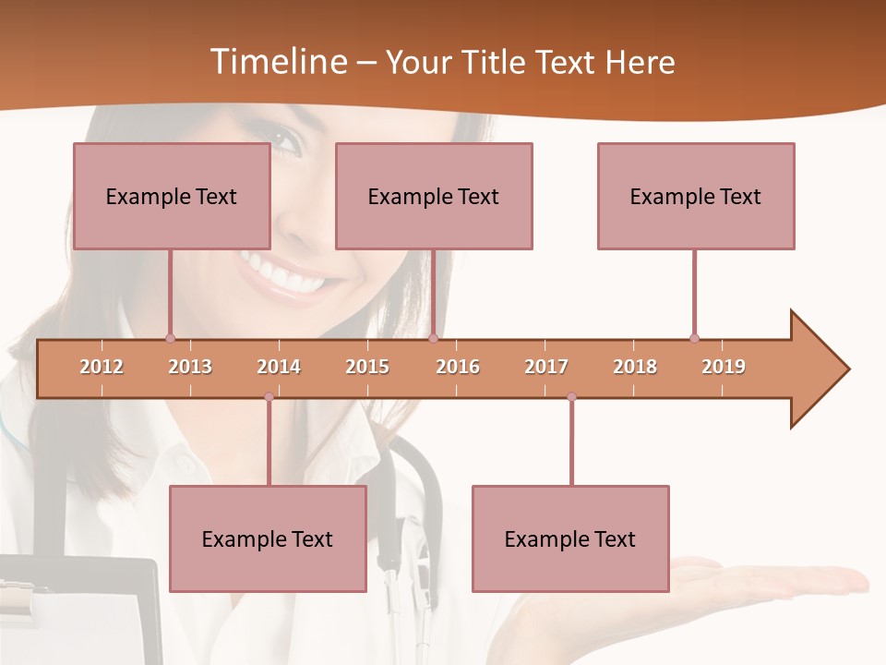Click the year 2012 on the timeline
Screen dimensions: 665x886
coord(102,367)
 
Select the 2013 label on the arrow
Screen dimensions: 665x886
coord(190,367)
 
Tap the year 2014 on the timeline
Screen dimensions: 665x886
coord(279,367)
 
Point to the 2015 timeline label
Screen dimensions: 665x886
coord(367,367)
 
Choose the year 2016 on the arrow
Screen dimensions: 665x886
coord(458,367)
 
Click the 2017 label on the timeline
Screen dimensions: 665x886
coord(546,367)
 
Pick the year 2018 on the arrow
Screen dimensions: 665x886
coord(635,367)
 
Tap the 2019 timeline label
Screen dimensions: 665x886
coord(724,367)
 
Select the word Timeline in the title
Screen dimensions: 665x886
coord(277,62)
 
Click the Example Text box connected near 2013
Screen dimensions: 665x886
coord(172,196)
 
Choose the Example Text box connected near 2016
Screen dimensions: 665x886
coord(434,196)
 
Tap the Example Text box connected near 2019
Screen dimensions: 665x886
coord(696,196)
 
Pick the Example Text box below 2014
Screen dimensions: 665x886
coord(268,538)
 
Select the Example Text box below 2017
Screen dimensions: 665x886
coord(570,538)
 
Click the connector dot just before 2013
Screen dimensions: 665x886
coord(170,338)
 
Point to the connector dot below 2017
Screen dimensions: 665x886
coord(571,397)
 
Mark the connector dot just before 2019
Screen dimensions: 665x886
coord(694,338)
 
